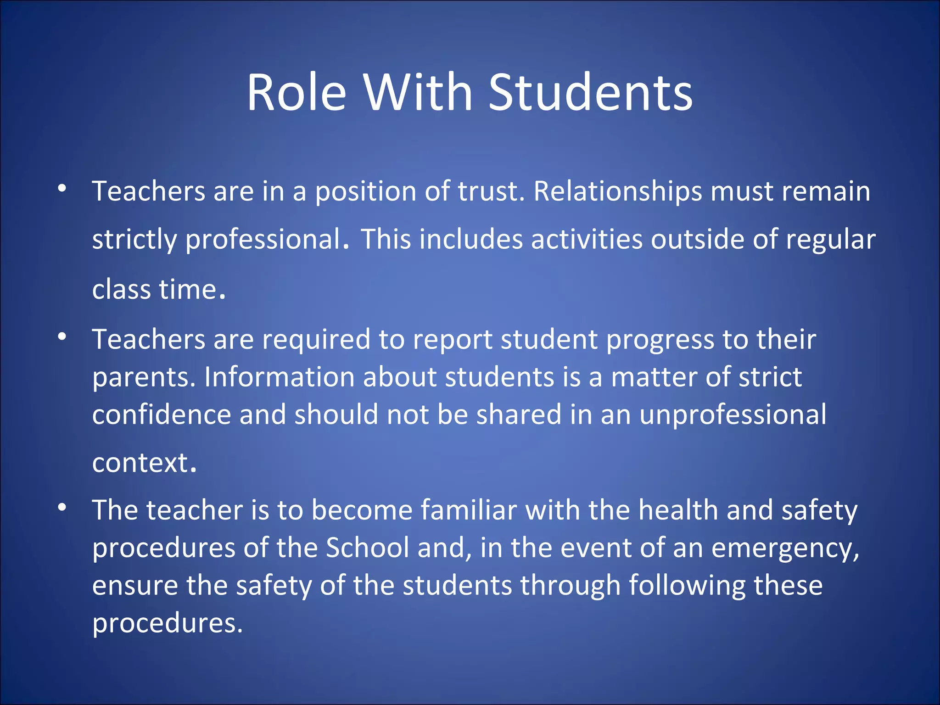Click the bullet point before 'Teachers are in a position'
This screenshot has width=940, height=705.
click(62, 188)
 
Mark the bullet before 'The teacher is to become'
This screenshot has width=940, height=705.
click(62, 507)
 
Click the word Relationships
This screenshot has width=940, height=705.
click(617, 192)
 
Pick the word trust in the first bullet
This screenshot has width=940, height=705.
click(491, 192)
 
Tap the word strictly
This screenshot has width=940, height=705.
click(134, 240)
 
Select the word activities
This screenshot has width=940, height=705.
click(587, 240)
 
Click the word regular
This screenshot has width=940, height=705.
click(830, 240)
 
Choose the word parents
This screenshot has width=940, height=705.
click(140, 378)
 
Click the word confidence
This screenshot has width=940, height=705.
click(162, 415)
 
